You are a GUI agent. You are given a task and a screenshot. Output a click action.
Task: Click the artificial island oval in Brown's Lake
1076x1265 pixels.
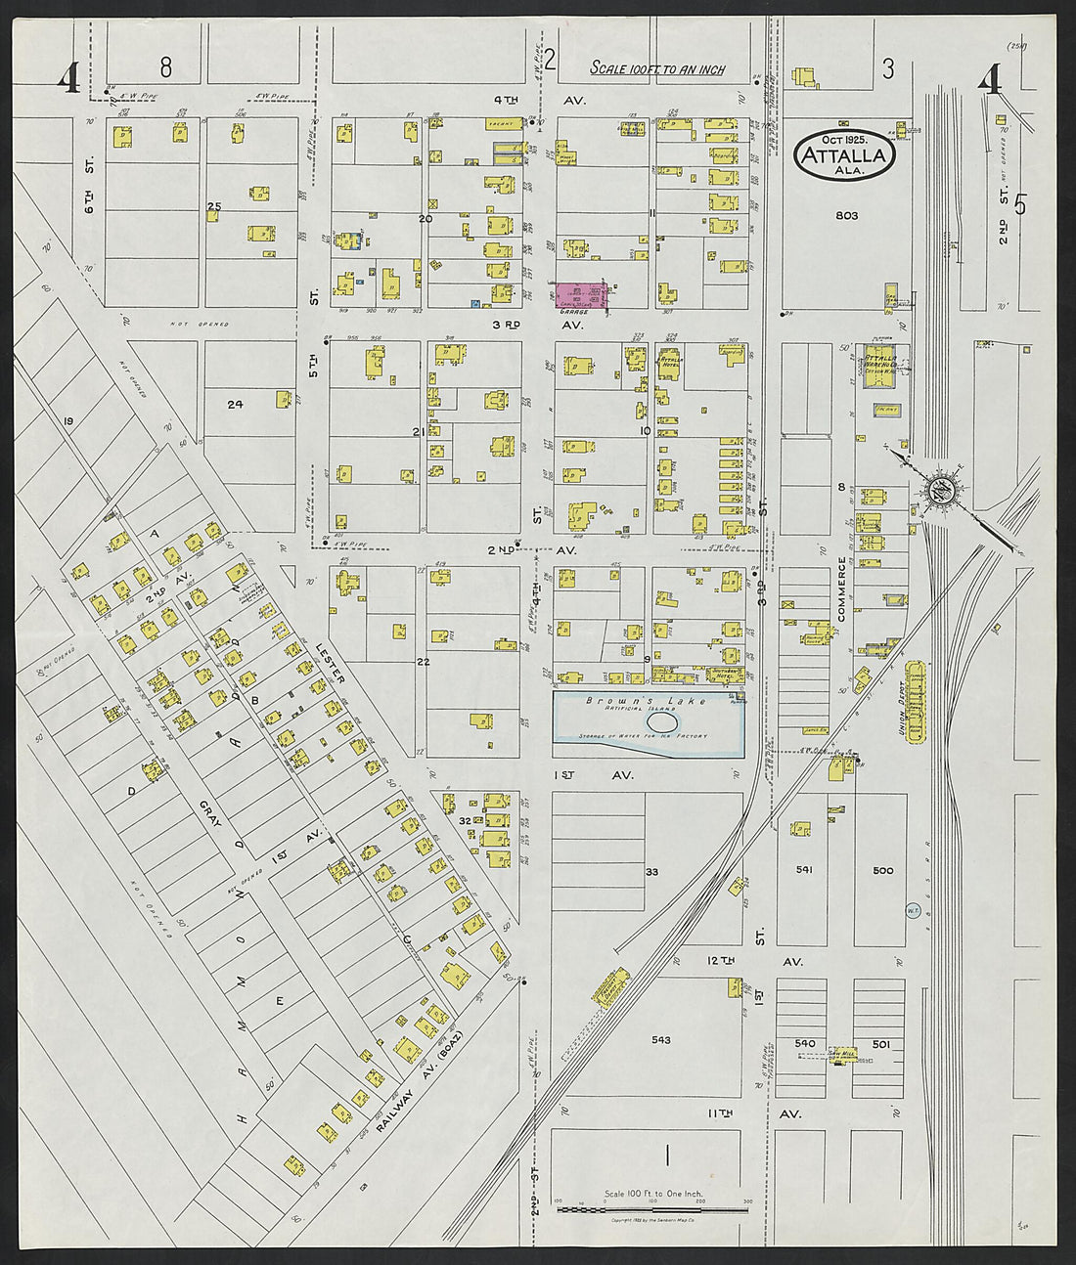663,721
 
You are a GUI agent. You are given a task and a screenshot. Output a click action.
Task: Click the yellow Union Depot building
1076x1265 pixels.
917,701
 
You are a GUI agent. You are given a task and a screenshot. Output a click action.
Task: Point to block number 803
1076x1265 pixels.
846,215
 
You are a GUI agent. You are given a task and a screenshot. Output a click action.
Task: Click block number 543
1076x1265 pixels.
661,1040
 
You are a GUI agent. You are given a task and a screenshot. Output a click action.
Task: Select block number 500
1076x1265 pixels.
882,869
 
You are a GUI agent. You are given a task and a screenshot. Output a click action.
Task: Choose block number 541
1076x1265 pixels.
804,869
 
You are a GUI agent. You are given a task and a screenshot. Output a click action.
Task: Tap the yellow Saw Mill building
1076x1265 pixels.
842,1056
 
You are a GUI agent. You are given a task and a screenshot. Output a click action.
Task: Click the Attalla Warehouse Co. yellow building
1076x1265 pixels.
884,367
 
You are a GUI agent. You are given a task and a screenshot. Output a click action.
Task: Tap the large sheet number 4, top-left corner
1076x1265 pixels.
68,79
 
